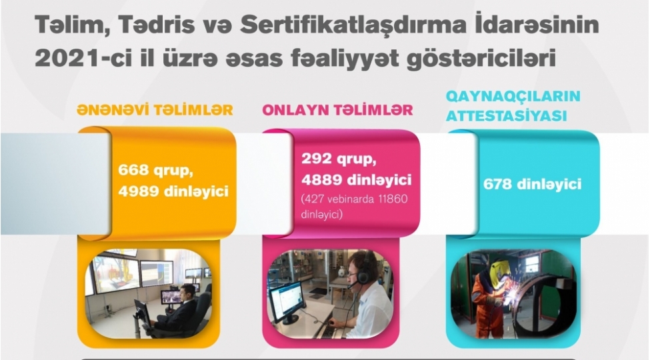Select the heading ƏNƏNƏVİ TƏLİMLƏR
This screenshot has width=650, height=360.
click(x=155, y=110)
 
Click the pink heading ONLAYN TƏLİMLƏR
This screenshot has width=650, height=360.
click(x=338, y=110)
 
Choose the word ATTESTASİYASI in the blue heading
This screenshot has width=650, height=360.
click(x=507, y=115)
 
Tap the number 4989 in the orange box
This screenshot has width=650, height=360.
click(x=139, y=191)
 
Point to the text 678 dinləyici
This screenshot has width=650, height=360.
click(x=533, y=183)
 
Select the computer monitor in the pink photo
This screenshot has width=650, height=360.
click(x=287, y=301)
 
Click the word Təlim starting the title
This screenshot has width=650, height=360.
click(x=63, y=25)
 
